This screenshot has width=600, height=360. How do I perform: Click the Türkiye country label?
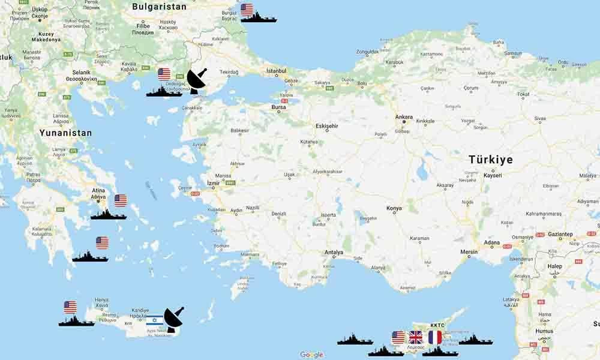tap(491, 160)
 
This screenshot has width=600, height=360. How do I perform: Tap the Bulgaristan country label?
tap(159, 7)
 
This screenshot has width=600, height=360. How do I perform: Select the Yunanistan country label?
tap(66, 133)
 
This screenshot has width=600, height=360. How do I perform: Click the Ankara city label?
tap(404, 116)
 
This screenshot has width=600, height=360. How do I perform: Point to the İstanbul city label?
tap(277, 71)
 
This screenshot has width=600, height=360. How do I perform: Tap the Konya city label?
tap(394, 209)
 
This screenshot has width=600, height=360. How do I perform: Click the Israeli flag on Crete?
tap(154, 320)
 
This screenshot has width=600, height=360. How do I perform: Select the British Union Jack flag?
tap(416, 337)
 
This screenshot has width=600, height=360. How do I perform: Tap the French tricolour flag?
tap(435, 337)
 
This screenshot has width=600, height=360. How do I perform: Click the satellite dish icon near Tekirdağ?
tap(197, 80)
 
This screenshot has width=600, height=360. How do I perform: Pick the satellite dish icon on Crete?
tap(173, 319)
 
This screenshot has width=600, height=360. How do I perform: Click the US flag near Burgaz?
tap(247, 10)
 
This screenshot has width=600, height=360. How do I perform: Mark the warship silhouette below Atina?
tap(108, 215)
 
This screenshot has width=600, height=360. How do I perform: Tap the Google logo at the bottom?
tap(311, 355)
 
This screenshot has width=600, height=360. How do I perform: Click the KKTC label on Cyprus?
tap(437, 325)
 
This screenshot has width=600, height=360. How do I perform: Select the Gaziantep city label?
tap(560, 234)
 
